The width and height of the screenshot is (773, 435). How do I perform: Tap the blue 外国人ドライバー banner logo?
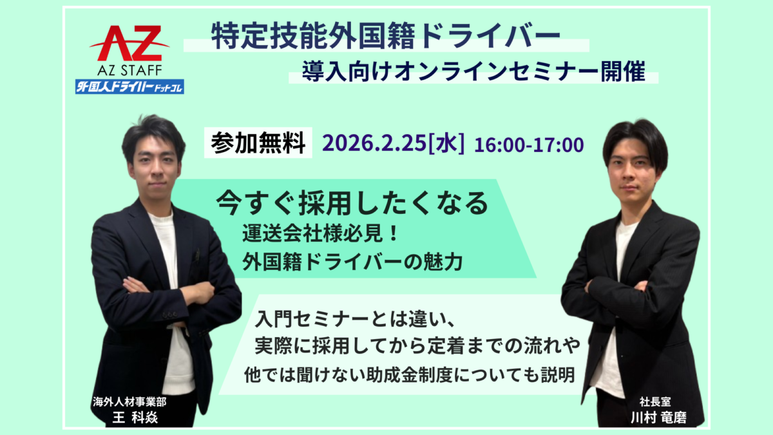coord(129,85)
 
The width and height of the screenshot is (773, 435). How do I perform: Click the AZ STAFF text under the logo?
coord(129,68)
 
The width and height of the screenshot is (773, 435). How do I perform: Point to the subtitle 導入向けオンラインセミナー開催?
coord(476,71)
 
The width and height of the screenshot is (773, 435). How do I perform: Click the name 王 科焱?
coord(135,417)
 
